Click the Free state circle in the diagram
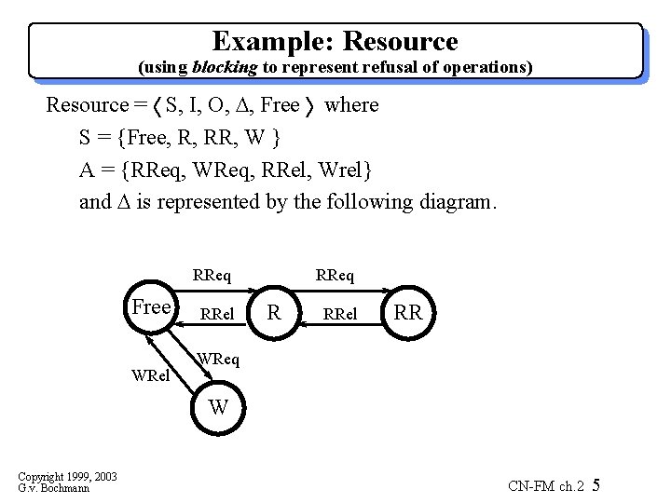(151, 307)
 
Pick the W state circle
(218, 407)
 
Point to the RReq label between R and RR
(335, 275)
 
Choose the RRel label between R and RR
(339, 314)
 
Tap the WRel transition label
(150, 377)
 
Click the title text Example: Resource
(335, 42)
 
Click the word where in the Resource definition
(351, 104)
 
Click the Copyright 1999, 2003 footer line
(68, 476)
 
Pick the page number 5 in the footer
(596, 485)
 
